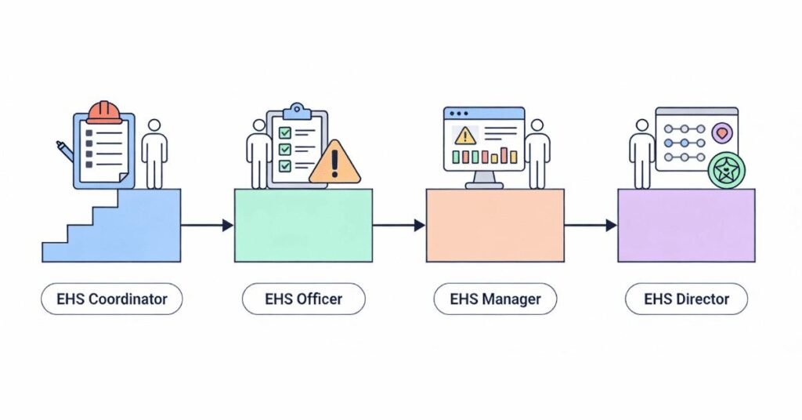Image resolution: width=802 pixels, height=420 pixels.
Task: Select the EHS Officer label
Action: point(303,299)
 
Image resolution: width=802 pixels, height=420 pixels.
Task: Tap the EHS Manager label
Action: point(494,299)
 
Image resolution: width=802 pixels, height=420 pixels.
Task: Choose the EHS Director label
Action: point(686,299)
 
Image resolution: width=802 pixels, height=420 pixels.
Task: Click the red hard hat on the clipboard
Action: point(104,113)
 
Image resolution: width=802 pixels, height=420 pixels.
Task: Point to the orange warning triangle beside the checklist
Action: point(335,163)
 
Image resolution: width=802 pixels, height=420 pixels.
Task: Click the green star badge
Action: point(726,170)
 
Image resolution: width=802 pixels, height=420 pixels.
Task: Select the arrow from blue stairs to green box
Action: point(207,226)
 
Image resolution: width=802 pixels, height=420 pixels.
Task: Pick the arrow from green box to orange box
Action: point(399,226)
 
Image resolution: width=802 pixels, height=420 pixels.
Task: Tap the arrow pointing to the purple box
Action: point(591,226)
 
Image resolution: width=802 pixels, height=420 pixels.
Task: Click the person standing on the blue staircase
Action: point(154,154)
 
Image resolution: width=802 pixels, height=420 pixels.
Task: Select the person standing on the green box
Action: point(259,154)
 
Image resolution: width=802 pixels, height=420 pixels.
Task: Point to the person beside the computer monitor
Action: point(537,154)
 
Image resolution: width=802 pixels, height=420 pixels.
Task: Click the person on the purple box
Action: point(642,154)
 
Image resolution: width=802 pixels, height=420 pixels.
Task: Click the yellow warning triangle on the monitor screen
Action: point(465,135)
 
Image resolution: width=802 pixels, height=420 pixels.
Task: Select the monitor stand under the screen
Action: point(484,181)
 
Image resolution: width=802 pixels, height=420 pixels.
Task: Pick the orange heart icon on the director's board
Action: point(721,133)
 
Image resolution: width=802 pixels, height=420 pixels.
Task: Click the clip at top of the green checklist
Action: point(296,110)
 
